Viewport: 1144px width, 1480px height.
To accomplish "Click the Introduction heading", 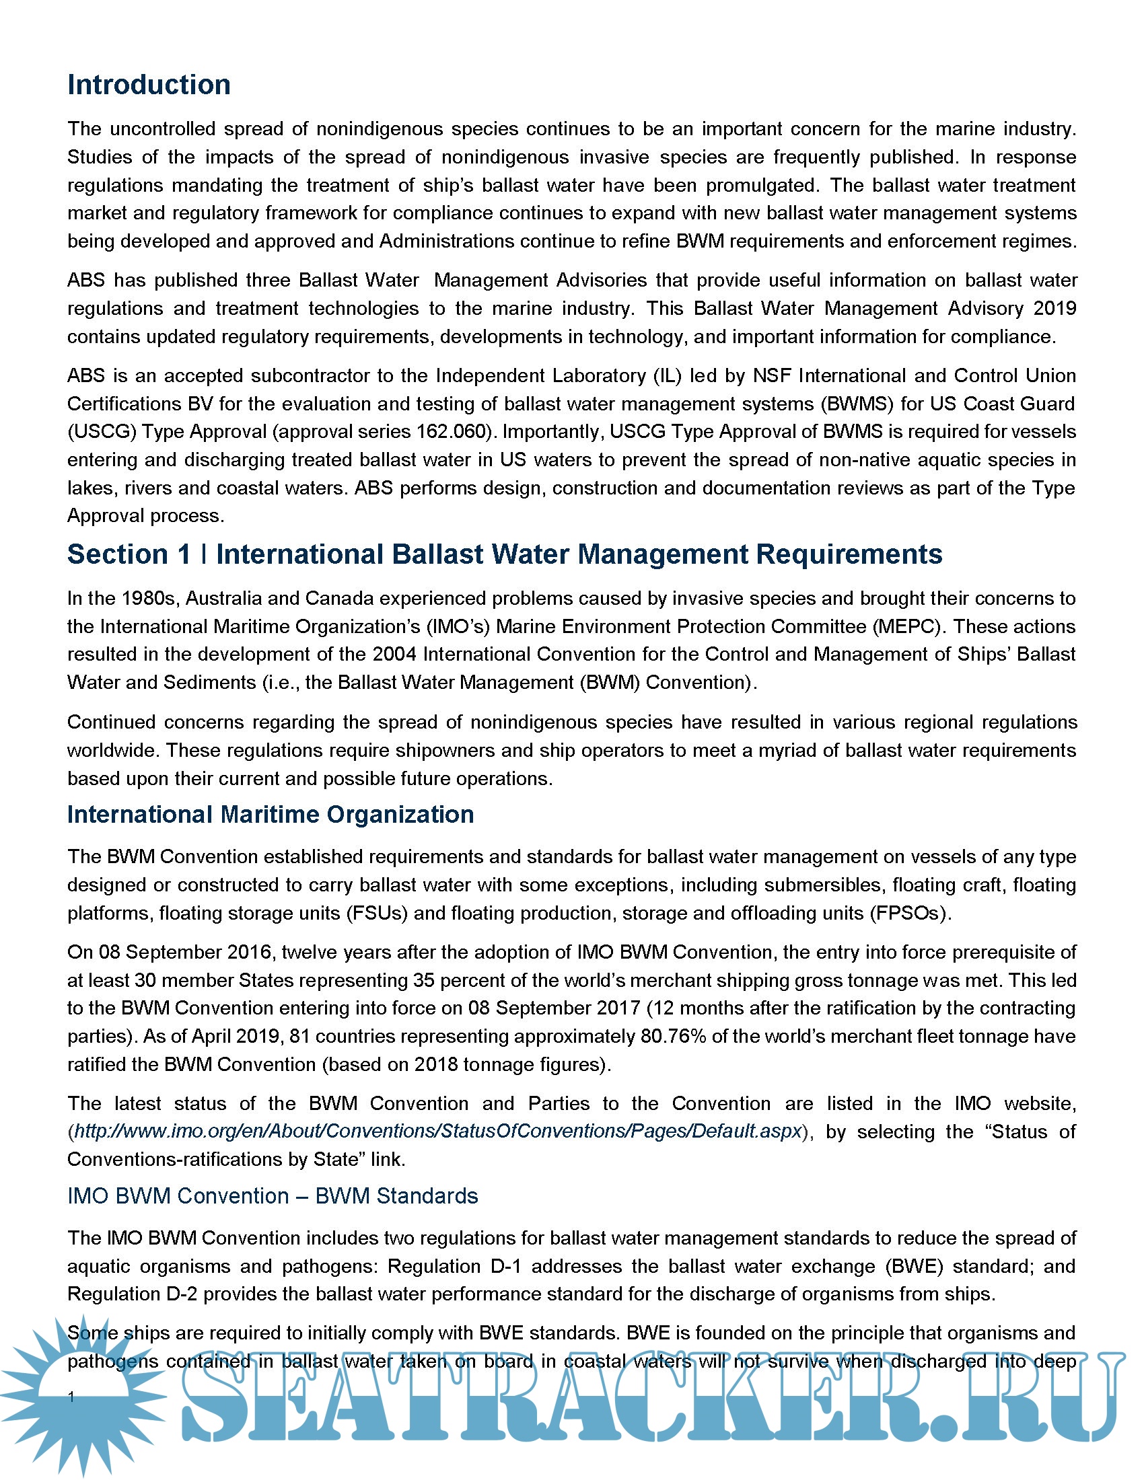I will (149, 85).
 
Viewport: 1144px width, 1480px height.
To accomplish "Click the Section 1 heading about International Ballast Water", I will (504, 554).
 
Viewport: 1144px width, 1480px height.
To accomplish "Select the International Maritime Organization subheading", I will (271, 815).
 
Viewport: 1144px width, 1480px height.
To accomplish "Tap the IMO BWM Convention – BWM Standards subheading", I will (273, 1195).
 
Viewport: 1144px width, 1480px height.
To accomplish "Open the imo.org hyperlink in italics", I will (438, 1131).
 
